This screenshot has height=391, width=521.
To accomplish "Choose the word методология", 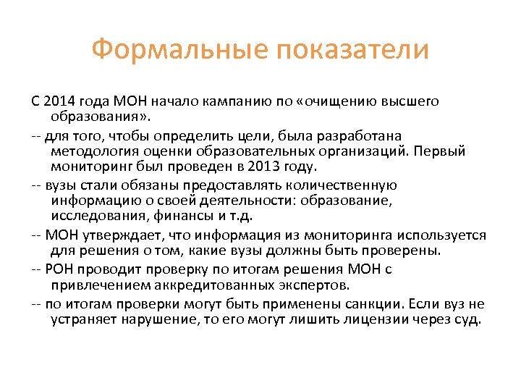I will click(x=90, y=151).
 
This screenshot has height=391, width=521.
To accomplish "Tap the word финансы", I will click(x=185, y=216).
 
